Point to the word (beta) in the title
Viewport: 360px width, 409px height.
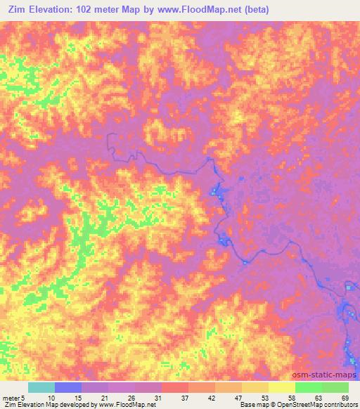(x=269, y=11)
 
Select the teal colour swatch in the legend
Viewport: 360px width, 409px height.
(x=41, y=387)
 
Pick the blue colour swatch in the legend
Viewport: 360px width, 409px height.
(x=68, y=387)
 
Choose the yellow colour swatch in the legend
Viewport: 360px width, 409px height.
(x=282, y=387)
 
